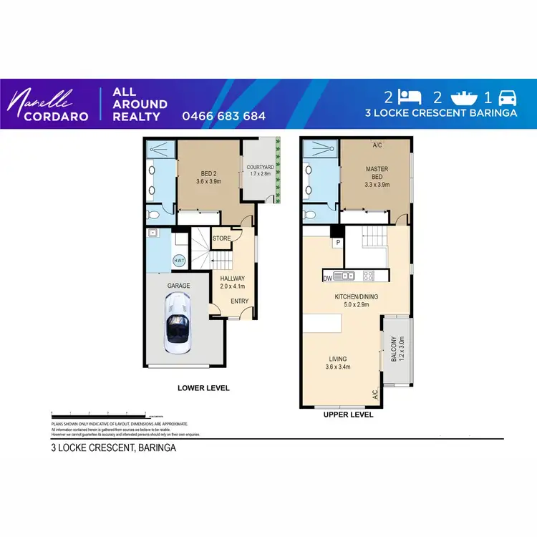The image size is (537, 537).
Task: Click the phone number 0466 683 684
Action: (224, 115)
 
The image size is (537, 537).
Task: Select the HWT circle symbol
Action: (179, 261)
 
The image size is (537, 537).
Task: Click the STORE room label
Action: (221, 238)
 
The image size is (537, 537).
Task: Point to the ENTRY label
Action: (239, 301)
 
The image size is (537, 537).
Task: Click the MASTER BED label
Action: (377, 173)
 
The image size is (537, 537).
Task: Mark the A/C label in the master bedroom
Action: (377, 145)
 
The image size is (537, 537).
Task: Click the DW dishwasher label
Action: (327, 277)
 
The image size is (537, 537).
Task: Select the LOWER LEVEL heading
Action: (203, 388)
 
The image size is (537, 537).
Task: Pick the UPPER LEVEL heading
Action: (349, 415)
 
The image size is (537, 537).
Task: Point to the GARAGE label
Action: (178, 286)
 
